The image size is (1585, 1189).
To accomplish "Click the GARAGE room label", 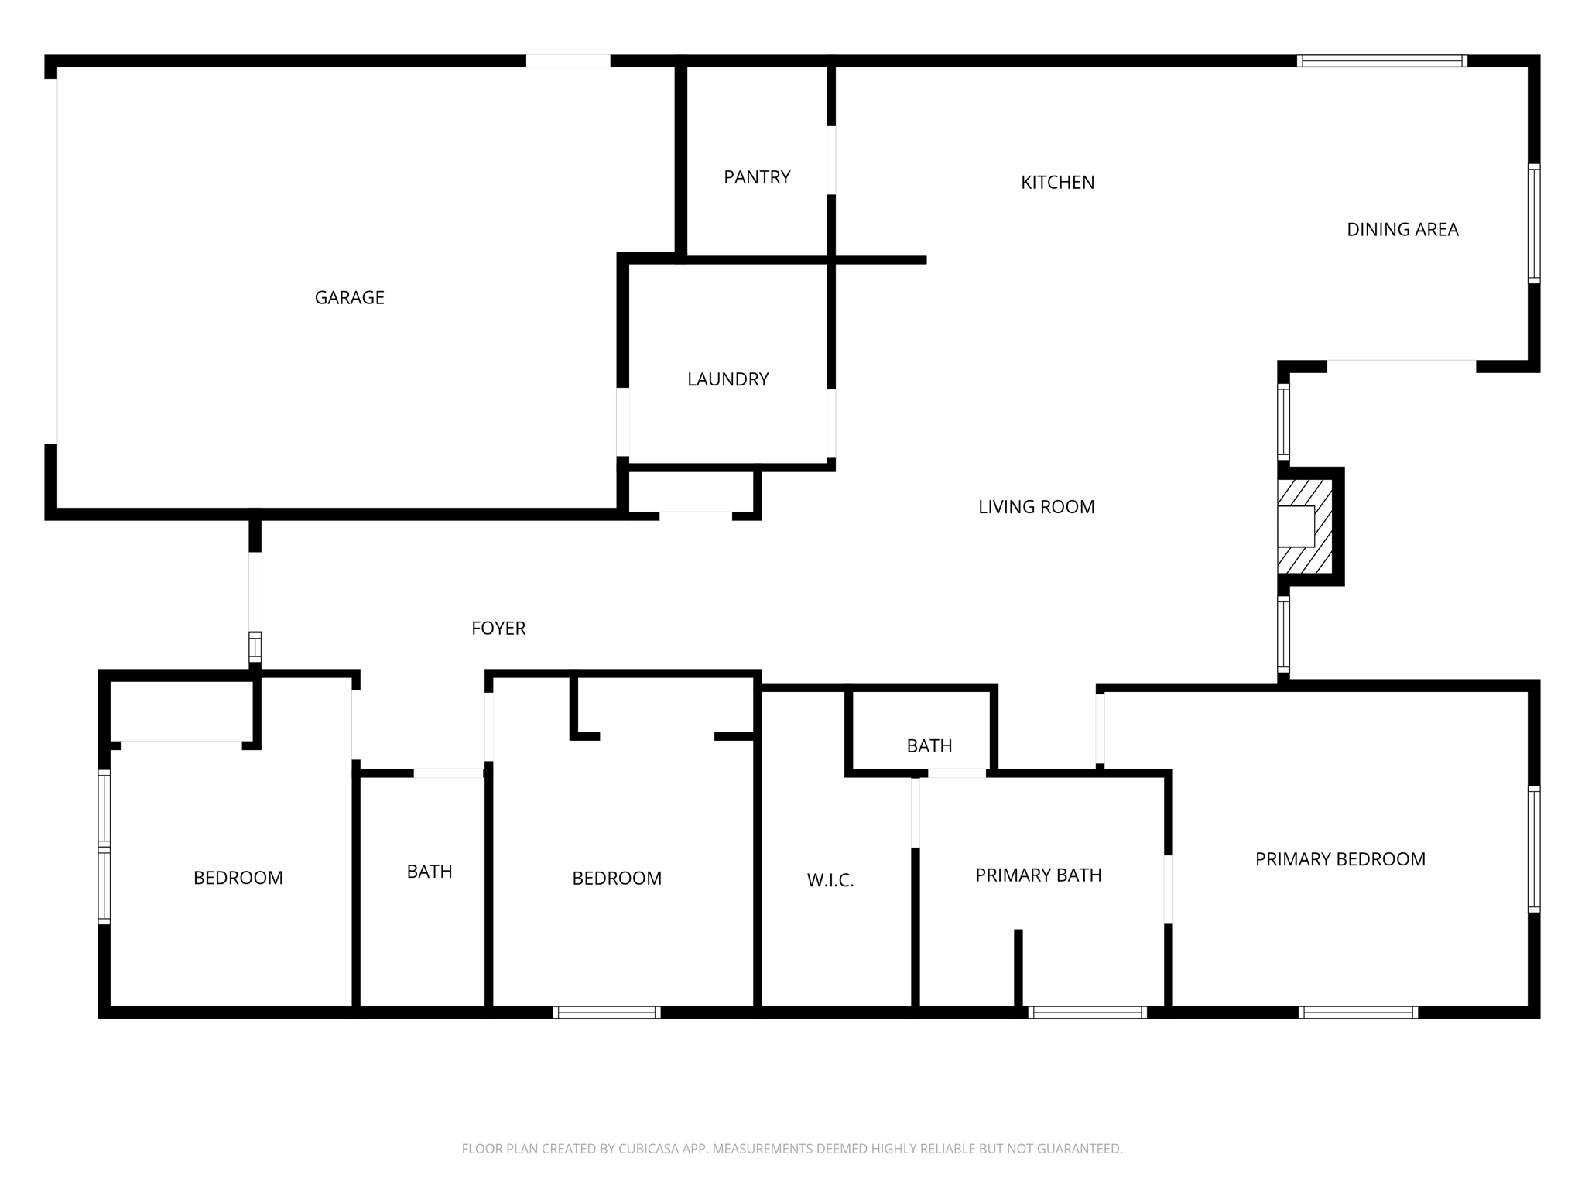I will (x=349, y=298).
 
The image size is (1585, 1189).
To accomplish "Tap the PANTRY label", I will (x=757, y=177).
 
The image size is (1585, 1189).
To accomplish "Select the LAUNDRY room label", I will (x=727, y=379).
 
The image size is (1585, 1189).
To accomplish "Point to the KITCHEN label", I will (x=1057, y=183).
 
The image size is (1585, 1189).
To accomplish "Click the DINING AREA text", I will (x=1402, y=230).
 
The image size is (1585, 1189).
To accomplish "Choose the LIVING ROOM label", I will (x=1036, y=507).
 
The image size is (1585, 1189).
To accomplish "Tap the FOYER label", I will (x=498, y=629).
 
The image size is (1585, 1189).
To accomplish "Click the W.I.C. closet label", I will (x=830, y=880).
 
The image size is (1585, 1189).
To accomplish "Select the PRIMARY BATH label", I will (x=1038, y=875).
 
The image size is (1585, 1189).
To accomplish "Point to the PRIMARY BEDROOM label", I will (x=1340, y=859).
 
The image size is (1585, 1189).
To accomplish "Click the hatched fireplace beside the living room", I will (x=1306, y=526).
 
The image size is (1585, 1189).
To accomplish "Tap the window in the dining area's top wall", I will (x=1382, y=61).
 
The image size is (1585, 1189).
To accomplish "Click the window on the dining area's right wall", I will (x=1533, y=223).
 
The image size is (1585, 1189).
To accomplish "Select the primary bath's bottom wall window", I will (x=1087, y=1012).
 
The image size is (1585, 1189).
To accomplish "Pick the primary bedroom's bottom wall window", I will (x=1358, y=1012).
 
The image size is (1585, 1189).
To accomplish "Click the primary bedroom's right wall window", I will (x=1533, y=848).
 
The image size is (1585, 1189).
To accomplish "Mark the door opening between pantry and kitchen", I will (x=831, y=160).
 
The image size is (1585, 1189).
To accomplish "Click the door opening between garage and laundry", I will (x=622, y=422).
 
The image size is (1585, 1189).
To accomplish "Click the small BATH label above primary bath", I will (x=929, y=746).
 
